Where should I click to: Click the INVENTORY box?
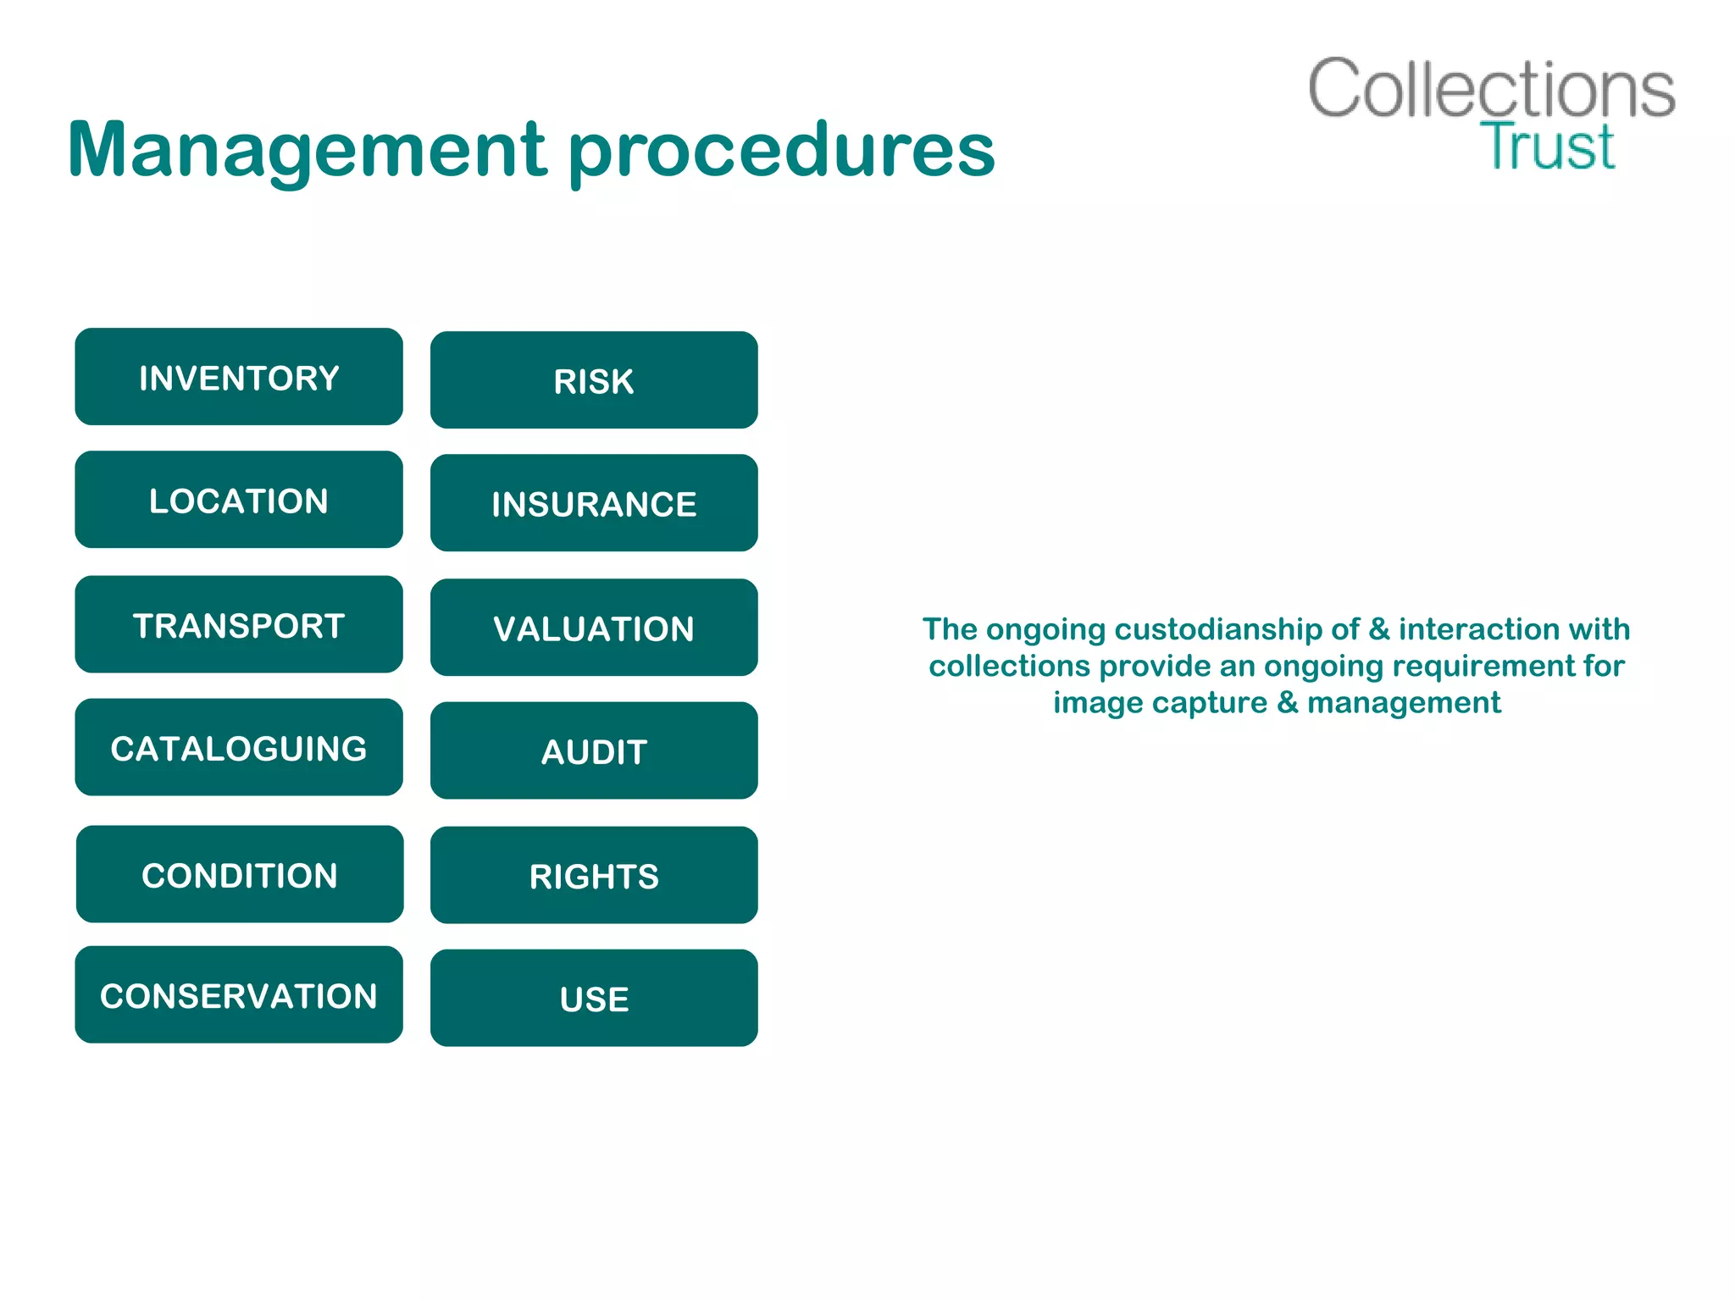(239, 377)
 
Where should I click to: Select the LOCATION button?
(239, 500)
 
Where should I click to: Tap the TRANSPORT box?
(239, 625)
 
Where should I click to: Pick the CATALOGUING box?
(239, 748)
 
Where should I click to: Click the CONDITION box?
(240, 874)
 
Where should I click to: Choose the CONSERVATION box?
(239, 995)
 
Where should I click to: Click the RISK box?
(594, 380)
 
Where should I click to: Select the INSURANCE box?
(594, 503)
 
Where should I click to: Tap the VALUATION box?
(594, 628)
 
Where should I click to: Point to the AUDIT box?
(594, 751)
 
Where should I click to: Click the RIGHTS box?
(594, 876)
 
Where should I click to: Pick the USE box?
(594, 999)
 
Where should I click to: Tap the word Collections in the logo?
(1491, 89)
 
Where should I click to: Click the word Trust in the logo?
(1548, 147)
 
